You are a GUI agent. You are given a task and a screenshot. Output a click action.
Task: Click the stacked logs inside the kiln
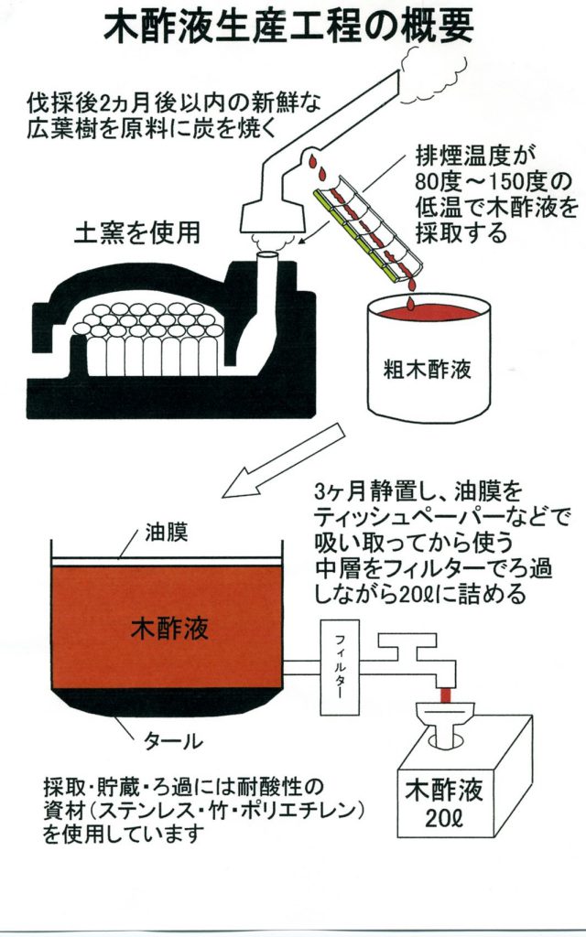coord(156,339)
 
